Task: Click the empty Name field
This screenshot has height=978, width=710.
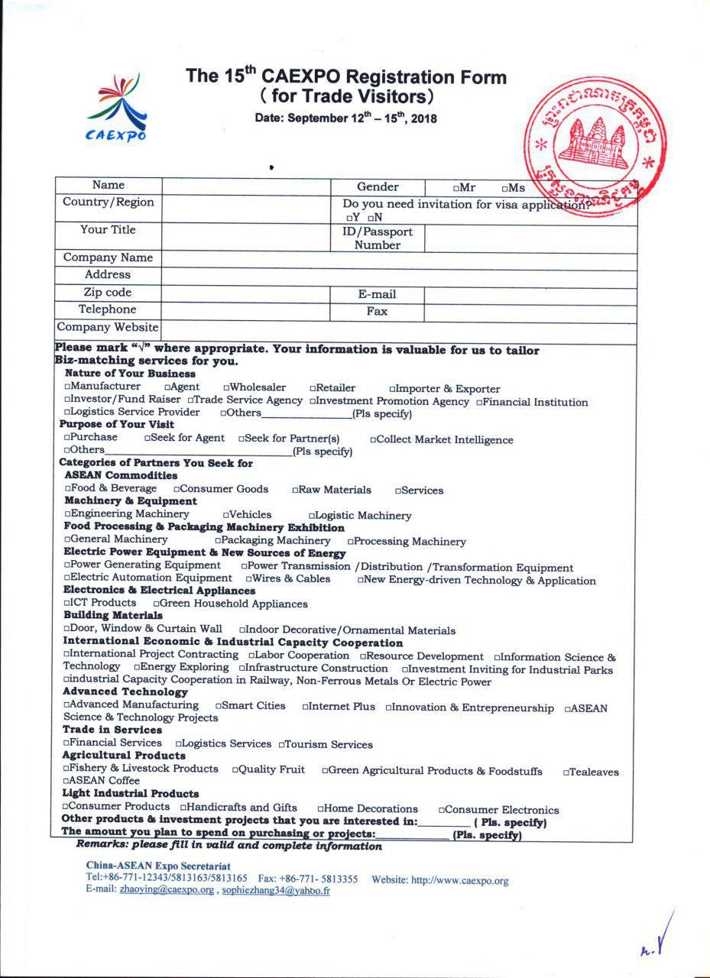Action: pyautogui.click(x=245, y=186)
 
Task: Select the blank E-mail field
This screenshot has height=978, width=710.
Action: pyautogui.click(x=530, y=295)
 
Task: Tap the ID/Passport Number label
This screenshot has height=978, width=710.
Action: pyautogui.click(x=377, y=238)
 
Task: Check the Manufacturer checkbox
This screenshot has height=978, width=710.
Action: pyautogui.click(x=68, y=387)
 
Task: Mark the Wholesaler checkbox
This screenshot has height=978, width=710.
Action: pyautogui.click(x=227, y=388)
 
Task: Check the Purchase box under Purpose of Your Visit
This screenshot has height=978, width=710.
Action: pyautogui.click(x=68, y=438)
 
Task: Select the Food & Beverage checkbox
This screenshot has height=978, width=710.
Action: pyautogui.click(x=68, y=489)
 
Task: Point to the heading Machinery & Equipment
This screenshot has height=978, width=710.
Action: pyautogui.click(x=131, y=501)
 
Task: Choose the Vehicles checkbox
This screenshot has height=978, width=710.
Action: pyautogui.click(x=226, y=516)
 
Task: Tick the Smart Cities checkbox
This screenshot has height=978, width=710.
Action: pyautogui.click(x=219, y=706)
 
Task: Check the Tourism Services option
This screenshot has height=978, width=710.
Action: pyautogui.click(x=282, y=745)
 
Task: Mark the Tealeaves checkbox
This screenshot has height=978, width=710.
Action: pyautogui.click(x=567, y=772)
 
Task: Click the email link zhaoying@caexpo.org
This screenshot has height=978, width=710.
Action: pyautogui.click(x=167, y=891)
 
